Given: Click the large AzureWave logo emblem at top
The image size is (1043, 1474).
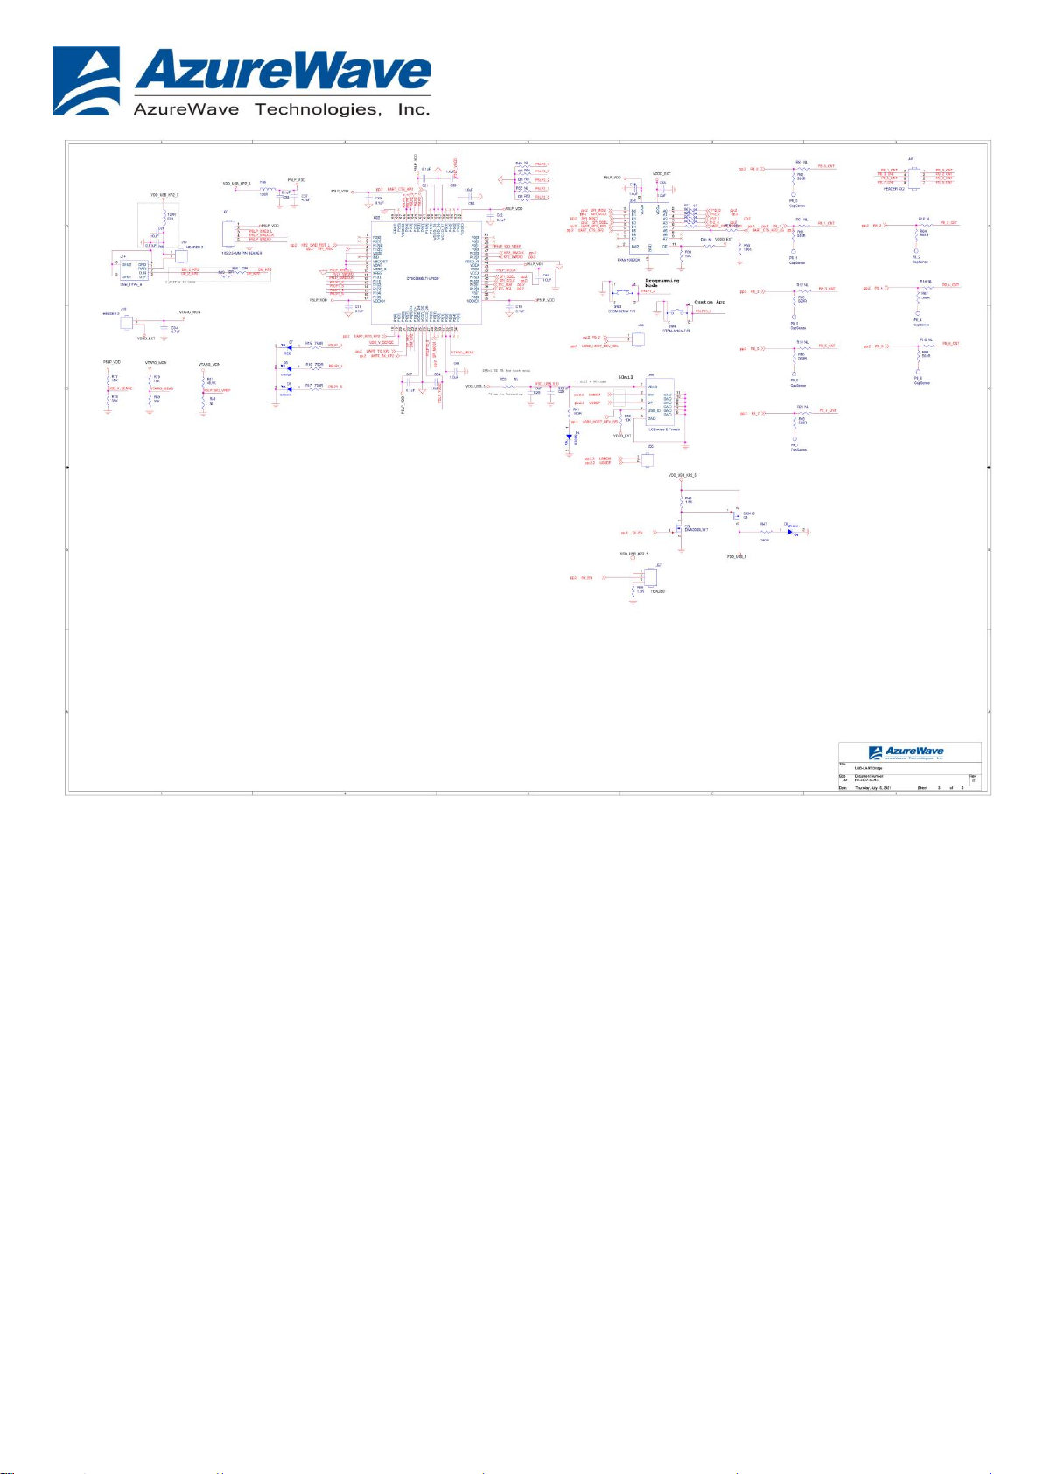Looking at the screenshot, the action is [87, 80].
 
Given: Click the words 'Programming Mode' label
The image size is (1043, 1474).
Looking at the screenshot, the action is [661, 283].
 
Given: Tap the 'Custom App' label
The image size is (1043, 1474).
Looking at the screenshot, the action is [710, 302].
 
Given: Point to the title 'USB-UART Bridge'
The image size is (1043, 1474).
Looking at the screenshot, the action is [869, 768].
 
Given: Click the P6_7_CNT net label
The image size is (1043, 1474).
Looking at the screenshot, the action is [827, 410].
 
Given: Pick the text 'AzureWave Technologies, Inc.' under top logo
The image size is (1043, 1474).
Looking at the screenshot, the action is [281, 109].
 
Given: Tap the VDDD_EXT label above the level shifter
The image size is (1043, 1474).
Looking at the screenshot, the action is [661, 174].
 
